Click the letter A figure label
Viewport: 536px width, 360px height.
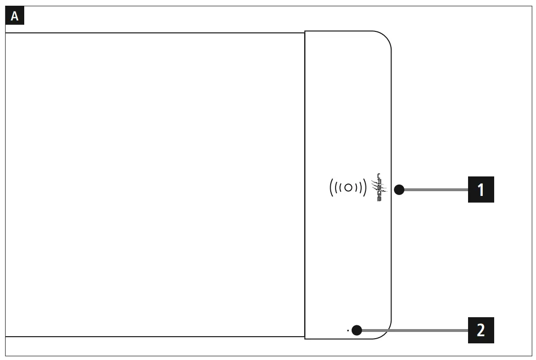tap(15, 17)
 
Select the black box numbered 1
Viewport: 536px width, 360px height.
tap(481, 190)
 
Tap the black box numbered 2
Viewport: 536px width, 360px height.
tap(481, 330)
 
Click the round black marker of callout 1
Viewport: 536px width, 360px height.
tap(399, 190)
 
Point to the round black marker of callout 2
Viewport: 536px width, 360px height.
tap(357, 330)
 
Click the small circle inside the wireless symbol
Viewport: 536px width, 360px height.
tap(348, 187)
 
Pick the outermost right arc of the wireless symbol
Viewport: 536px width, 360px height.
tap(365, 187)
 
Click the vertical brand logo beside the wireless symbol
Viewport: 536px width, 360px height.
tap(379, 187)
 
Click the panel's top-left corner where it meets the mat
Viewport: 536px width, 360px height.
tap(305, 32)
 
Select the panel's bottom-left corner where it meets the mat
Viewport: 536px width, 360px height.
tap(305, 337)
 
